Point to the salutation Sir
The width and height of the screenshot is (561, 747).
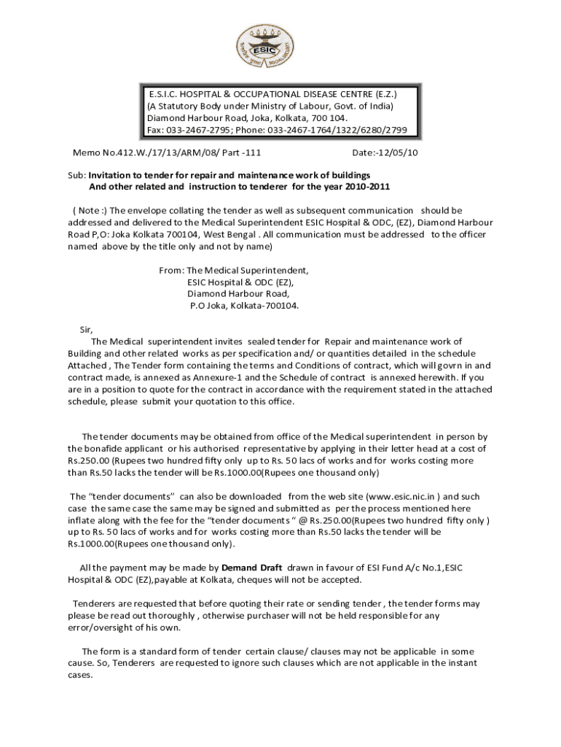pos(86,329)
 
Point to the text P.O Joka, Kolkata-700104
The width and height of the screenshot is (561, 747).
pos(244,306)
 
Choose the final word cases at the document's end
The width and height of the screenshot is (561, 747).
pos(80,675)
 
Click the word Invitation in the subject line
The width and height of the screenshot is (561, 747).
pos(114,176)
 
